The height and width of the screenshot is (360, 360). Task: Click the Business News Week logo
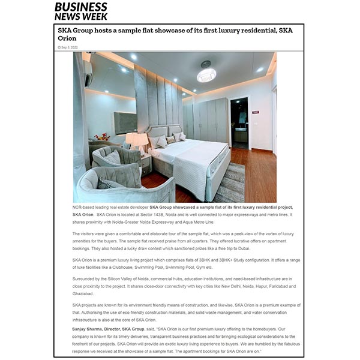[x=81, y=10]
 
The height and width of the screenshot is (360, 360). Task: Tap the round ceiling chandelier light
[x=206, y=74]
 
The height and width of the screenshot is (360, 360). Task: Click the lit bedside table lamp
[x=136, y=142]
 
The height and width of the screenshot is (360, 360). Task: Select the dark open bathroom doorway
[x=239, y=123]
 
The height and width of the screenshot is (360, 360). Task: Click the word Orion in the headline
[x=67, y=38]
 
